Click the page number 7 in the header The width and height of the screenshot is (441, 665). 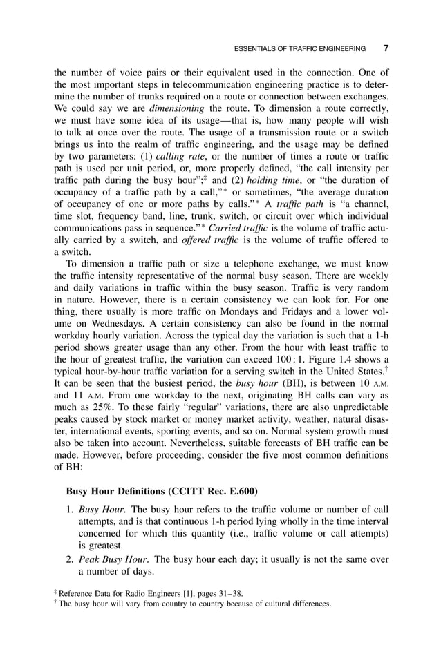click(x=386, y=49)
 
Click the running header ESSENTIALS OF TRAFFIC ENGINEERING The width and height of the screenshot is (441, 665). click(x=300, y=50)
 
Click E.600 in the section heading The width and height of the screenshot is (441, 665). click(x=241, y=491)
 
